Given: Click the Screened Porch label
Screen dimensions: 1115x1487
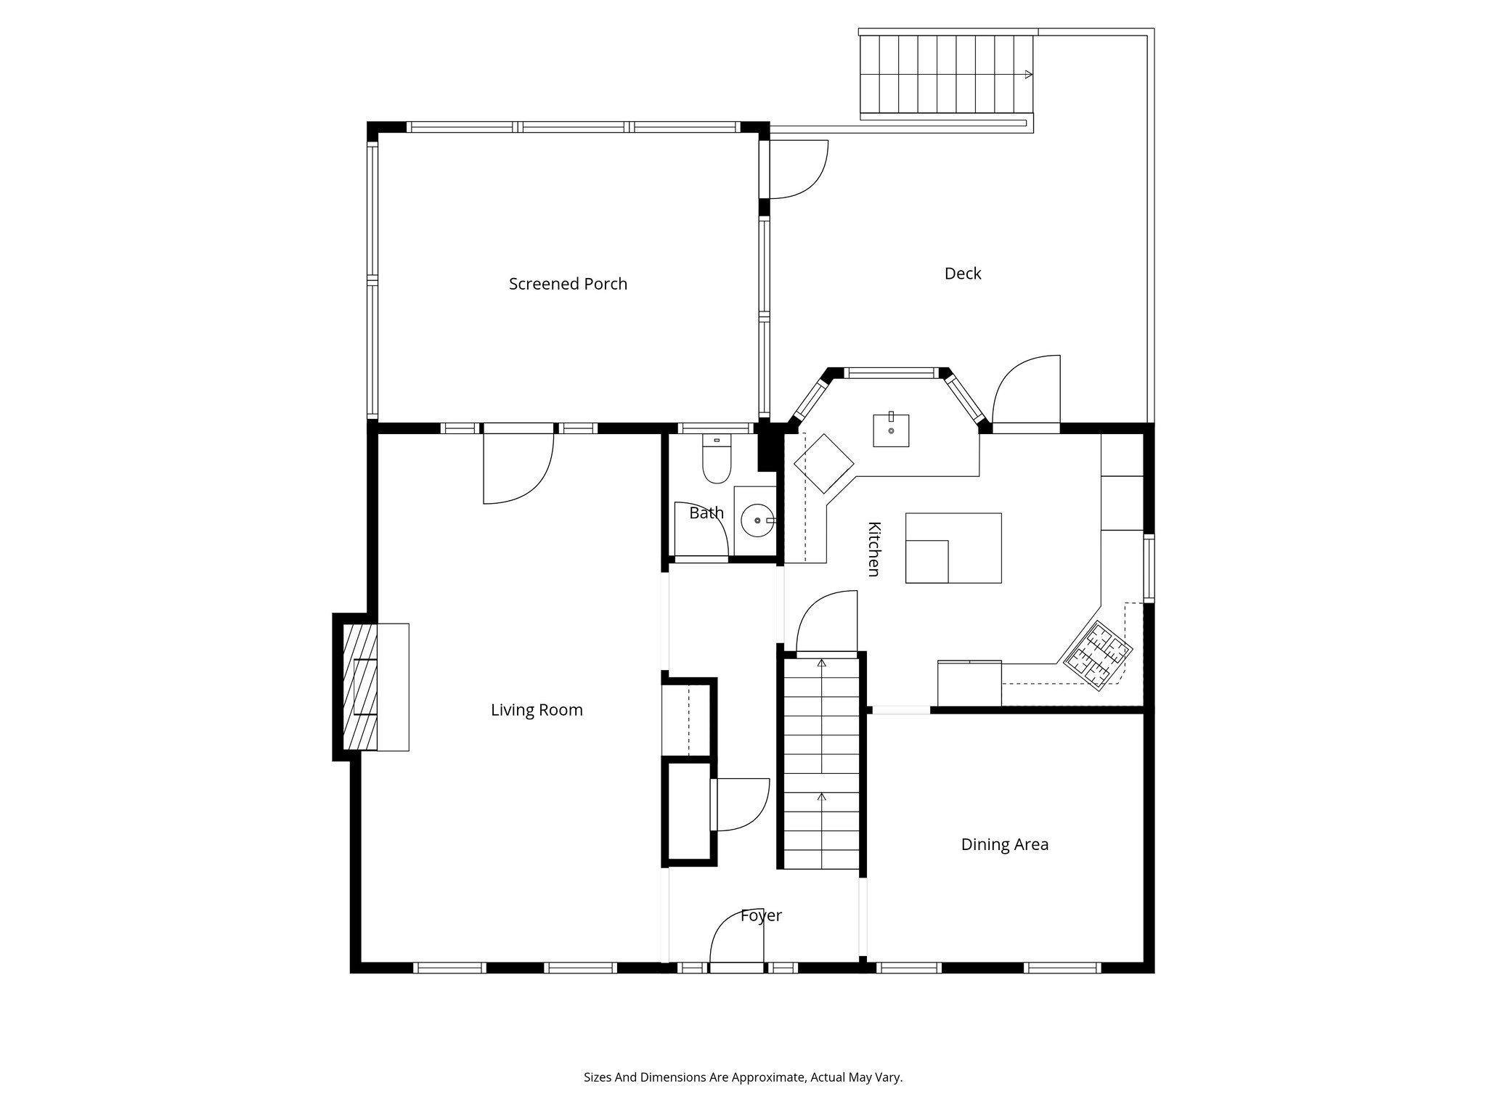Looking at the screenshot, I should tap(568, 284).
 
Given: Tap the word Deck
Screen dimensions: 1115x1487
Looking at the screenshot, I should tap(963, 274).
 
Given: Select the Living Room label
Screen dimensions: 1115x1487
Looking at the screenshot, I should tap(537, 710).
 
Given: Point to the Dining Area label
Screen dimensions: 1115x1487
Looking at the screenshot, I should tap(1004, 844).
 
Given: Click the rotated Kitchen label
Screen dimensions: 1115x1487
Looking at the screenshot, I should tap(873, 549).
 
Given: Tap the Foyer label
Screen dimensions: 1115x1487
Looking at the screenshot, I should tap(761, 915).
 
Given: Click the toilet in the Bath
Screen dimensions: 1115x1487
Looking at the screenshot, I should tap(717, 462).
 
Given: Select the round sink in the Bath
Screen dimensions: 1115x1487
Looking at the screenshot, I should tap(756, 520).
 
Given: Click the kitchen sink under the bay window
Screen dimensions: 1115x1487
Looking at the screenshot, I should tap(891, 430).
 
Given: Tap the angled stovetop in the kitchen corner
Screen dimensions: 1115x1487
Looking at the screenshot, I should tap(1098, 656).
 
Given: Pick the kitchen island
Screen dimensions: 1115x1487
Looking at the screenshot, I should tap(953, 548).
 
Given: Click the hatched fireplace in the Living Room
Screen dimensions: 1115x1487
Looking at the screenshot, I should tap(359, 687).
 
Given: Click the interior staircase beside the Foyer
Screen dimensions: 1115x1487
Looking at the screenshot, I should tap(821, 762).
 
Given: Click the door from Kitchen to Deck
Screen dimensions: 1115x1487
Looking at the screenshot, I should tap(1026, 392).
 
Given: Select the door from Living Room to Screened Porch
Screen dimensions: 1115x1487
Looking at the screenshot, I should tap(518, 466).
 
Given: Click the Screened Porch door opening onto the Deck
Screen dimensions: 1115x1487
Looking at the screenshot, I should tap(797, 168).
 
